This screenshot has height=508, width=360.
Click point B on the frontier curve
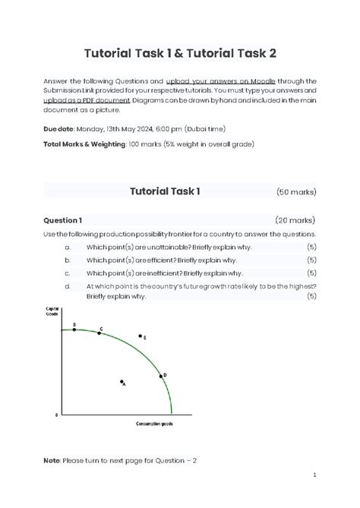point(74,330)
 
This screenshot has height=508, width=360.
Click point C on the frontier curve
point(99,333)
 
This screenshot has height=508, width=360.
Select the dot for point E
point(140,336)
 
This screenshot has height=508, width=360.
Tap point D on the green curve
point(161,376)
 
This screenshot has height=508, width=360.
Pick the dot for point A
point(121,382)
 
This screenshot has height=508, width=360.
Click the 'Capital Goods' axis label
point(53,311)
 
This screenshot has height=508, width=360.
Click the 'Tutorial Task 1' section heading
point(166,191)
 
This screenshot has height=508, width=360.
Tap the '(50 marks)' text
point(296,192)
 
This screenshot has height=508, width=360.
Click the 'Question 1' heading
point(62,220)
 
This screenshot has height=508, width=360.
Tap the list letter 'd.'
point(68,286)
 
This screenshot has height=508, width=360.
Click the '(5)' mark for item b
point(311,260)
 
